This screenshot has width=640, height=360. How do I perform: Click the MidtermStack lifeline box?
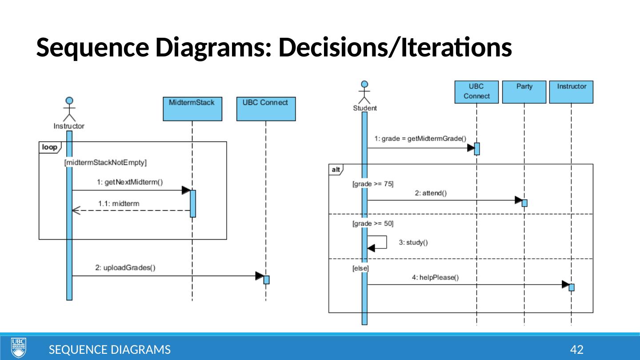click(192, 108)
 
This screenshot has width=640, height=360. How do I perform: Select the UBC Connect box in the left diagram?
click(265, 108)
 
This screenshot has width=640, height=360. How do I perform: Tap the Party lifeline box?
click(524, 92)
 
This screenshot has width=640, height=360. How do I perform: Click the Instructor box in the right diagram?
click(571, 92)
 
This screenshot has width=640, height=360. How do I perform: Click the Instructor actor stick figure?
click(69, 109)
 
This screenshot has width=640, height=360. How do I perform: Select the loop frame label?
click(49, 147)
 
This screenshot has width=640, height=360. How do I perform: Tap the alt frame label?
click(336, 169)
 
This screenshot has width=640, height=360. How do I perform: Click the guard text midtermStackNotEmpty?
click(105, 163)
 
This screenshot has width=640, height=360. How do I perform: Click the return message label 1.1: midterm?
click(118, 204)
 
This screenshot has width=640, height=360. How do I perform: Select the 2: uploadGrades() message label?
click(125, 268)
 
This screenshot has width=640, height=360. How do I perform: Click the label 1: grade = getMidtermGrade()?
click(420, 139)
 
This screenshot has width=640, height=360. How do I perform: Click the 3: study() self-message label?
click(413, 243)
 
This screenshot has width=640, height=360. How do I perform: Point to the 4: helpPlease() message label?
click(435, 277)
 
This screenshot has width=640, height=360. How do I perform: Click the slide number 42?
click(576, 350)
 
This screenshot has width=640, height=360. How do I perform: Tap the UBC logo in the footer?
click(18, 347)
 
